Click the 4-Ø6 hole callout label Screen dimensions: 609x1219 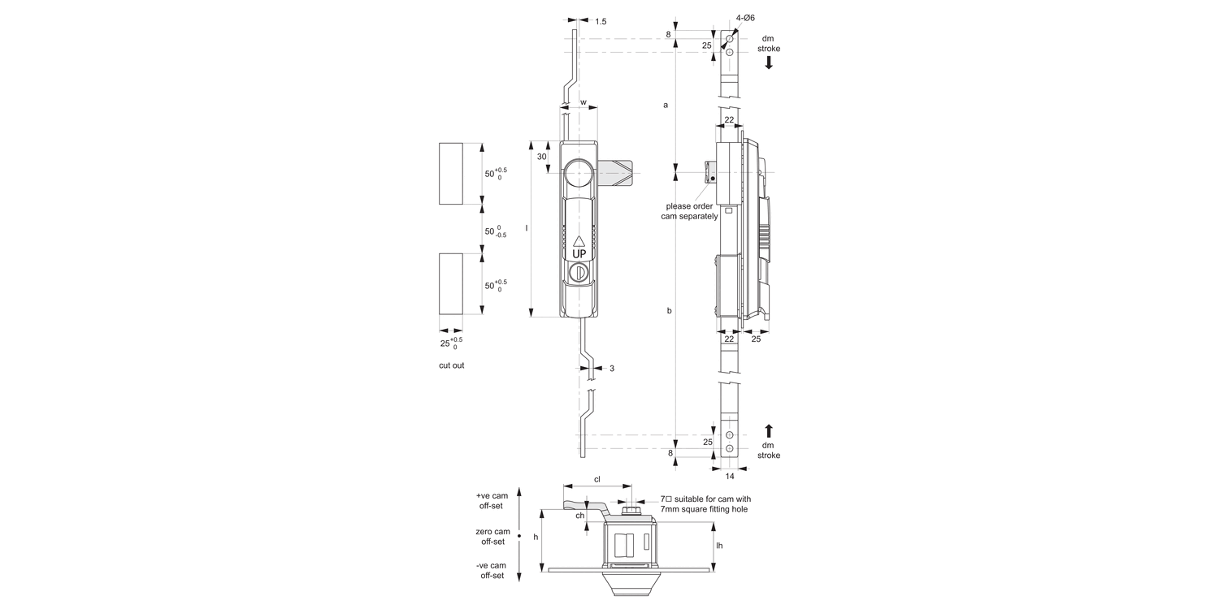(744, 17)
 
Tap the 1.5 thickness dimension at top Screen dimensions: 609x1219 (601, 21)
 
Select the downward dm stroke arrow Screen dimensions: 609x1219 (769, 62)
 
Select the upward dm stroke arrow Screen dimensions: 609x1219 (769, 430)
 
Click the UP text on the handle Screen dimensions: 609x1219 (579, 253)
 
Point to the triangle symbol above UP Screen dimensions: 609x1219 (579, 240)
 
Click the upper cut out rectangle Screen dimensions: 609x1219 (450, 174)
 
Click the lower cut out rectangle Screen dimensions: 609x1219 (450, 283)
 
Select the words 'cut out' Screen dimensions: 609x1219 (452, 365)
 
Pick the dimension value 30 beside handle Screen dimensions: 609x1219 (541, 157)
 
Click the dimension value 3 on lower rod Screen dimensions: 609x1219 (612, 369)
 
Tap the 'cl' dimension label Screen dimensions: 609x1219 (596, 479)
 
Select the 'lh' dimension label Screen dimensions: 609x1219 (719, 546)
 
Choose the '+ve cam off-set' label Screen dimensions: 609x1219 (491, 500)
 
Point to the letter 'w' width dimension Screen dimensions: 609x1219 (583, 102)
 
